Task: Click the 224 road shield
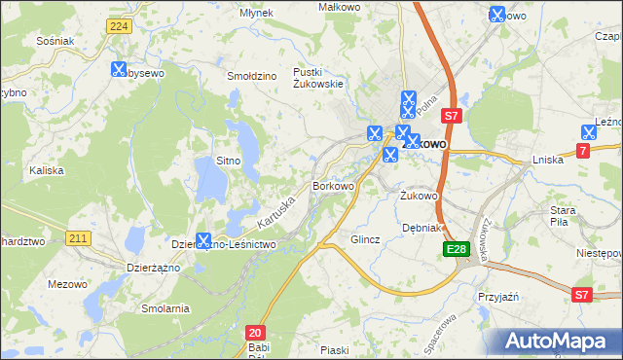[x=118, y=26]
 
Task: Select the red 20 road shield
[x=256, y=332]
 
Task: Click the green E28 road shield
[x=458, y=250]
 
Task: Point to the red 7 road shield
[x=583, y=150]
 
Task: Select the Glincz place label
[x=365, y=238]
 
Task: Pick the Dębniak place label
[x=422, y=228]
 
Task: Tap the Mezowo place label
[x=67, y=284]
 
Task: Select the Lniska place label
[x=548, y=160]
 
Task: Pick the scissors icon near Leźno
[x=589, y=132]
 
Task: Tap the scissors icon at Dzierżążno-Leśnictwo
[x=203, y=240]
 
